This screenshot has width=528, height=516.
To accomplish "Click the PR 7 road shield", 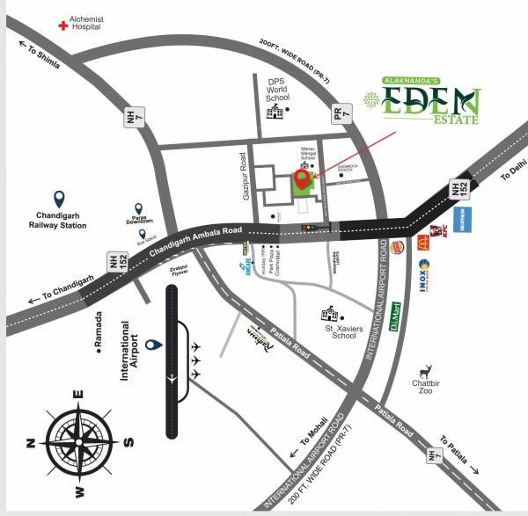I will pos(341,113).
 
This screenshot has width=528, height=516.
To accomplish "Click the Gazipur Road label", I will pos(243,175).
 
